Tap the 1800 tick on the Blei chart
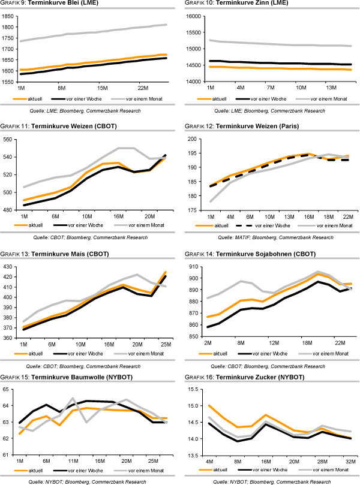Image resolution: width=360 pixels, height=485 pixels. tap(8, 28)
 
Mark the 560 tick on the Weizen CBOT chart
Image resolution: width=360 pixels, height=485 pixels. tap(8, 139)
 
